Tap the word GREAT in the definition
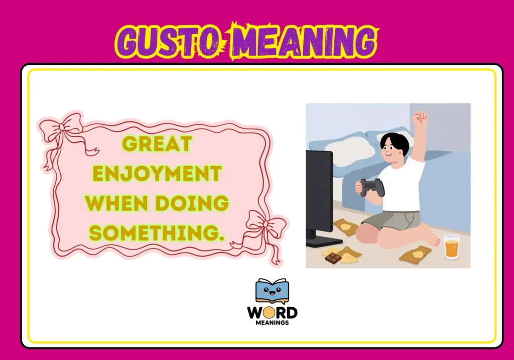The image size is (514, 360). click(x=157, y=144)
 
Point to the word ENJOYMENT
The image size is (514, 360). click(x=157, y=174)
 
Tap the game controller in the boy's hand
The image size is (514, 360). click(x=372, y=187)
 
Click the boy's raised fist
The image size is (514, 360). click(x=420, y=119)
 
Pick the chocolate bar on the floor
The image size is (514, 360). click(x=333, y=258)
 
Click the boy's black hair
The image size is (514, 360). click(x=394, y=142)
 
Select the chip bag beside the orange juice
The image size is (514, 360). click(x=415, y=255)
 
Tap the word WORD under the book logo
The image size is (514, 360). click(x=272, y=313)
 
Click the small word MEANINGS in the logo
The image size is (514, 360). click(x=272, y=323)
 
